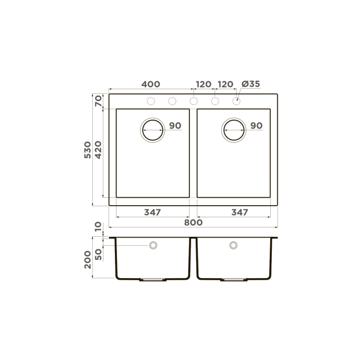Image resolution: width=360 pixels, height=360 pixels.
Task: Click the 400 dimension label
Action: tap(151, 84)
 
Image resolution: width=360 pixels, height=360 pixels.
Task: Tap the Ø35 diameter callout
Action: tap(251, 84)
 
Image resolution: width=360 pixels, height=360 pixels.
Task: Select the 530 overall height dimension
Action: tap(88, 150)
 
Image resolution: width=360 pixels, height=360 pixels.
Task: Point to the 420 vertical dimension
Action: tap(98, 150)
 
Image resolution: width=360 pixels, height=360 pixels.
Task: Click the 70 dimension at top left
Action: tap(98, 101)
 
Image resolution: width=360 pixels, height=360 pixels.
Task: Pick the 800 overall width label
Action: tap(193, 223)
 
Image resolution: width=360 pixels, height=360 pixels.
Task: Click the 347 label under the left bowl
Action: tap(152, 213)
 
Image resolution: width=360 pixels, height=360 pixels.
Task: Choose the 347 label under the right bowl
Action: tap(240, 213)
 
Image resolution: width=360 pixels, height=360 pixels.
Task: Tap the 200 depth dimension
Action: tap(88, 260)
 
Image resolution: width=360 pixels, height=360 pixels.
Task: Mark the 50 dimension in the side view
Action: tap(98, 255)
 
